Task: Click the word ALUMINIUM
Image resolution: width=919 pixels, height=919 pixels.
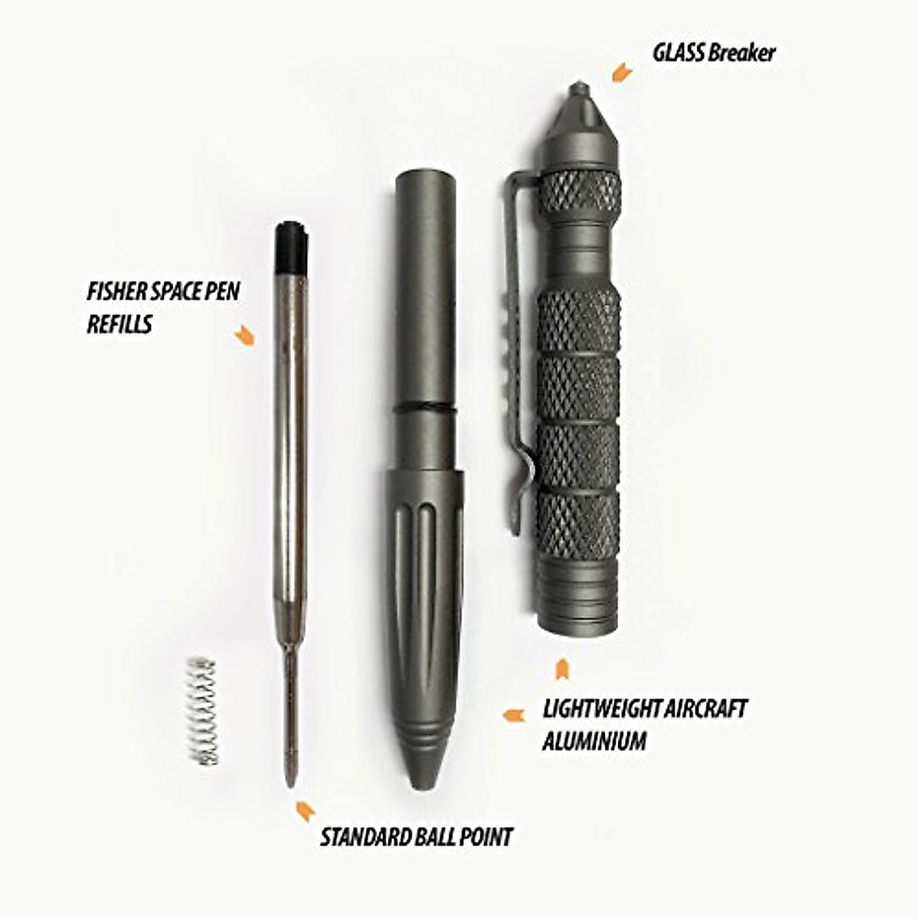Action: [594, 741]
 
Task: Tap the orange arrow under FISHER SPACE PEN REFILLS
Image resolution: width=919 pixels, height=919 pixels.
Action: [244, 335]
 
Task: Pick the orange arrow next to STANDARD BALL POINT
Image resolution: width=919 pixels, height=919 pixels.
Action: [305, 809]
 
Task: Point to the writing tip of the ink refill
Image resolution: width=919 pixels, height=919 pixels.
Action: [292, 777]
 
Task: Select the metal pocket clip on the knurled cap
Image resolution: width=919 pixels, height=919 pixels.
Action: [517, 345]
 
